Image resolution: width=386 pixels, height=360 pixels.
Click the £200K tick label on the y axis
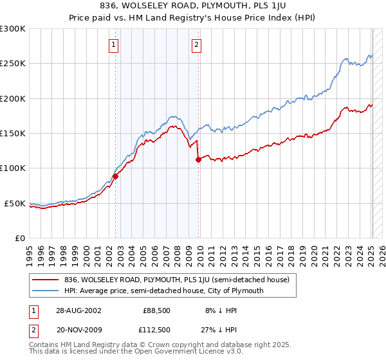(13, 99)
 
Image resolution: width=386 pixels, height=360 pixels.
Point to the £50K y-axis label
(15, 203)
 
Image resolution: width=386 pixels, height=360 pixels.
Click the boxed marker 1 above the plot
(113, 45)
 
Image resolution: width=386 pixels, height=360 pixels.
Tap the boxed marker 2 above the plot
(196, 45)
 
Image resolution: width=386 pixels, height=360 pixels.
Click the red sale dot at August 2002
(116, 176)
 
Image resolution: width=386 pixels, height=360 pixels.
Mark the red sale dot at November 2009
(198, 159)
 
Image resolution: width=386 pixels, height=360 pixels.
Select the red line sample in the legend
(45, 280)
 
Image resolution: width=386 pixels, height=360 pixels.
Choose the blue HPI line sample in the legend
(45, 291)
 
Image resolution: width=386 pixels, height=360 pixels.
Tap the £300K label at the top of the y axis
(13, 30)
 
